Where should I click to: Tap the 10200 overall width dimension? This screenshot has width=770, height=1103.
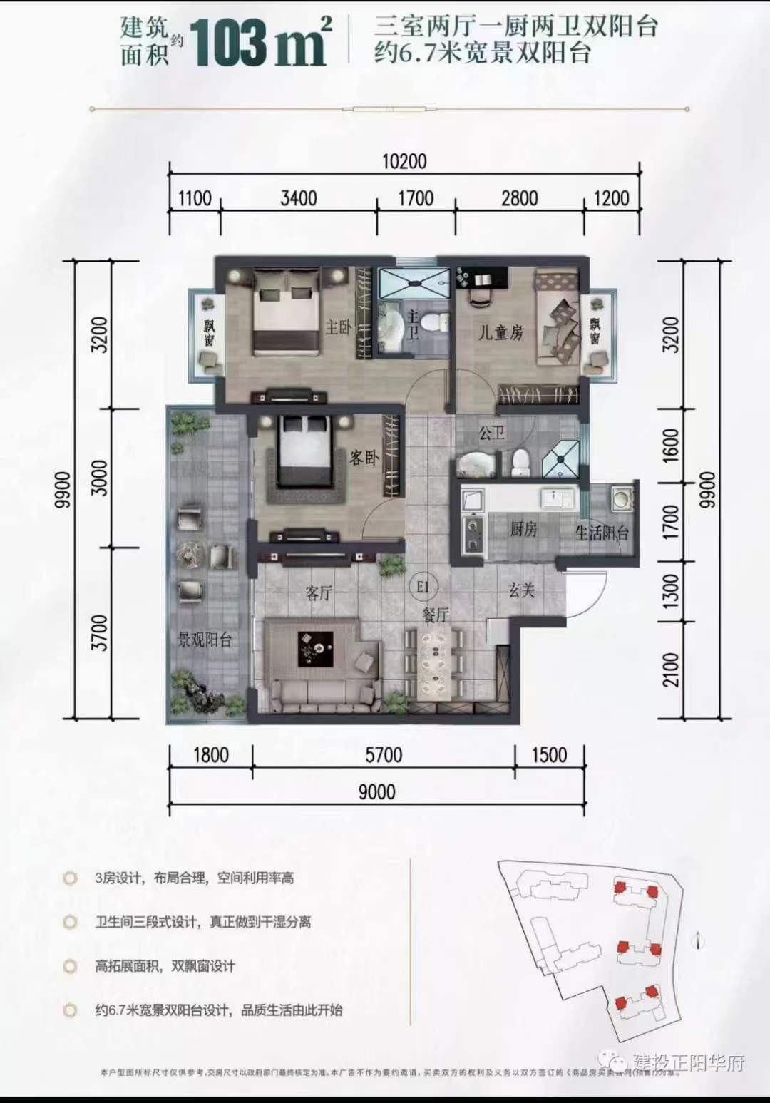[404, 161]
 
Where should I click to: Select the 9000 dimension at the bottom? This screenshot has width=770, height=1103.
[376, 792]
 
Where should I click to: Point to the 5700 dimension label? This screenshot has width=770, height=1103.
[384, 754]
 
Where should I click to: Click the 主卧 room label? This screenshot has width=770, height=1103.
[339, 327]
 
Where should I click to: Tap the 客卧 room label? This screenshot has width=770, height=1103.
[364, 458]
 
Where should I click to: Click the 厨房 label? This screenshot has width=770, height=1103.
[523, 529]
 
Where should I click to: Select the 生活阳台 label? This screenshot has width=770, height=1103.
[602, 533]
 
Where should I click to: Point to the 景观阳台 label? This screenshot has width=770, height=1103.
[205, 640]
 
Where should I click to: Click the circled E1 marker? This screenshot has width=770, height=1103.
[422, 586]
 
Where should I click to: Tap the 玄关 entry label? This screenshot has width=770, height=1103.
[521, 590]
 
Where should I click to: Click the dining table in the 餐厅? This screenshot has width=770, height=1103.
[434, 662]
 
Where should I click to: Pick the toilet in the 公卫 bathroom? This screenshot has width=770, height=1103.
[520, 461]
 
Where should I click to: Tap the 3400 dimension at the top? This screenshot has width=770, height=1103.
[298, 197]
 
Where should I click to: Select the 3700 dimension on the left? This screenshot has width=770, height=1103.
[101, 632]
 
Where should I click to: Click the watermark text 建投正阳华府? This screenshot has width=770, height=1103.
[689, 1062]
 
